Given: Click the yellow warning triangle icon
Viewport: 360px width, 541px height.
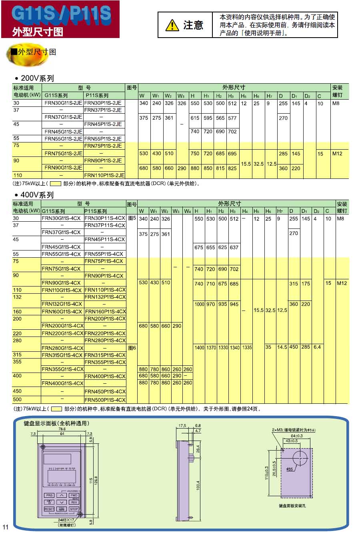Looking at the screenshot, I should [172, 25].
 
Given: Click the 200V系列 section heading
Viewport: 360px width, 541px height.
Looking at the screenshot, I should [37, 78].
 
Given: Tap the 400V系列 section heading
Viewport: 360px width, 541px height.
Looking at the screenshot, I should [37, 195].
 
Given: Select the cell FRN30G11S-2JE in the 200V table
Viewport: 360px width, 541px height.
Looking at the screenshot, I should [63, 103].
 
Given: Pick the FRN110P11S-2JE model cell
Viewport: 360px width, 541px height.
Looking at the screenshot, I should [104, 175].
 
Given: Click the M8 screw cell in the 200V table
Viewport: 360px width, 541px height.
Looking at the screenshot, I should [336, 103].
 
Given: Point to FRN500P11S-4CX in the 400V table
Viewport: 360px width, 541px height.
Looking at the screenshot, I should [105, 399].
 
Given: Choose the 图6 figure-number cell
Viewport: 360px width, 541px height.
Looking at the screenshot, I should [132, 348].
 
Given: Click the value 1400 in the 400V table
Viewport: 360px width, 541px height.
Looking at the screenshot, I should [199, 348].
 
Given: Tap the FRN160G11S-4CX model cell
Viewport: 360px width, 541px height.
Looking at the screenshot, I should [62, 311].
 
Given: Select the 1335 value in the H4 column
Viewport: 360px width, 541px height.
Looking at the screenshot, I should [247, 348].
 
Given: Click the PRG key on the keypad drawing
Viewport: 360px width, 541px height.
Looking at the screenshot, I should [49, 495].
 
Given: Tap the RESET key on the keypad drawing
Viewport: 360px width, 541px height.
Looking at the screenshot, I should [49, 509].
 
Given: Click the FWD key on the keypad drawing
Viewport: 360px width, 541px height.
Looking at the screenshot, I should [74, 495].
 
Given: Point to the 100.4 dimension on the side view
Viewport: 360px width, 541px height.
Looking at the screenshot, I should [198, 485].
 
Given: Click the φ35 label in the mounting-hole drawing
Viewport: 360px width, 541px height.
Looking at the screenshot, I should [290, 469].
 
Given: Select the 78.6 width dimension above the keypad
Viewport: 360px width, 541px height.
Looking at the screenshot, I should [62, 429].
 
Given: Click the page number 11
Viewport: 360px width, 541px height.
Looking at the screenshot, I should [5, 527].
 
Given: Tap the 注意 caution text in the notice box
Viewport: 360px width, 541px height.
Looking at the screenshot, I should [193, 25].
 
